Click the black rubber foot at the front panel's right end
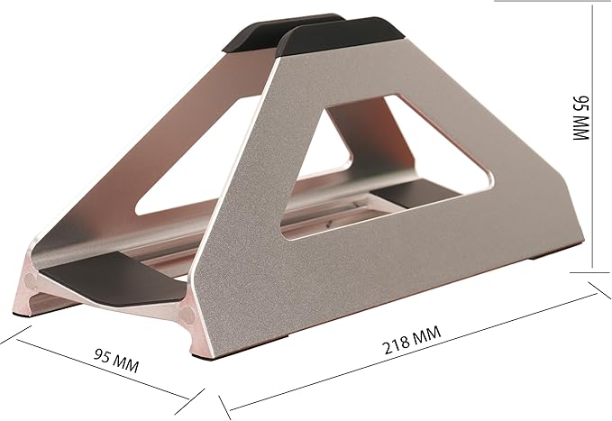pyautogui.click(x=556, y=255)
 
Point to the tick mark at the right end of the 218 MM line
pyautogui.click(x=594, y=290)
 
